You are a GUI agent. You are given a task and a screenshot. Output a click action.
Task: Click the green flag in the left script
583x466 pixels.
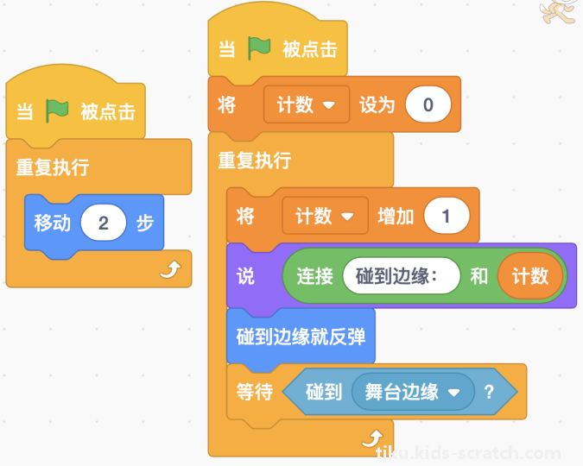(57, 110)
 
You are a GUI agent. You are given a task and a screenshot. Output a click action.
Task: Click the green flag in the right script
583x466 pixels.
(259, 48)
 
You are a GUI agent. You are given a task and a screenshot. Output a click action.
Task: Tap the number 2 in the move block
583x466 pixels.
(104, 223)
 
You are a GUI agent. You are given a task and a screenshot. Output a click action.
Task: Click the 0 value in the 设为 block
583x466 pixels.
(428, 104)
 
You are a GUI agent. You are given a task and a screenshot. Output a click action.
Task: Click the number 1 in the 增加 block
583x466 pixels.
(447, 216)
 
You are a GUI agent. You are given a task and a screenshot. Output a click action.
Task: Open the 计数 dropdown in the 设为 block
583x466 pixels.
(307, 104)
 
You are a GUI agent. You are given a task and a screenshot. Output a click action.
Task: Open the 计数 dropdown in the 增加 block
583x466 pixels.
(326, 216)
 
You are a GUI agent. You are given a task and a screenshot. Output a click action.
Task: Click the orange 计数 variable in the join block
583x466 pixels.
(529, 276)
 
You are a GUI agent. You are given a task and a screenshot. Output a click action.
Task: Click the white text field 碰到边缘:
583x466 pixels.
(402, 276)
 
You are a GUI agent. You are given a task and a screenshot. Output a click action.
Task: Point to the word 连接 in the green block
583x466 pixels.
(314, 276)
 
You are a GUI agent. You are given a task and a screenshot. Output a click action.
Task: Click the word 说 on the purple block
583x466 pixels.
(245, 276)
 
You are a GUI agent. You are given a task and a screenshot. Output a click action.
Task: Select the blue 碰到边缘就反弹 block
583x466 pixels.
(301, 337)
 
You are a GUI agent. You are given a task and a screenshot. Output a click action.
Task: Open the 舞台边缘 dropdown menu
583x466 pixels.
(413, 392)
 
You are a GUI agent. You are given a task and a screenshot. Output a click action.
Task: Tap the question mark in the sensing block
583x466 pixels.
(489, 392)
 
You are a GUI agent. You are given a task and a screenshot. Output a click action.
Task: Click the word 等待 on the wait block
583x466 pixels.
(255, 392)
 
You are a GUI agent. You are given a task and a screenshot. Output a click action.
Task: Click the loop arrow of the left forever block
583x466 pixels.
(170, 269)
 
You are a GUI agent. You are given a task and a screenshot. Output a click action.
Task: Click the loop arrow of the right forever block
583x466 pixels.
(372, 438)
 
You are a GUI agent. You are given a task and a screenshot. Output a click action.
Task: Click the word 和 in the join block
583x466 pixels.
(478, 276)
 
